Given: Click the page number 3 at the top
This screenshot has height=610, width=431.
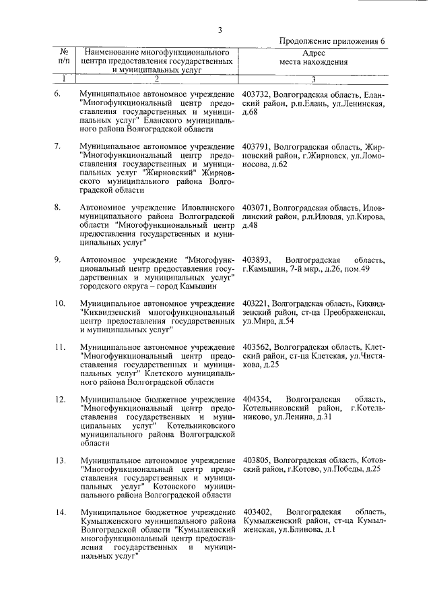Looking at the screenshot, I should (220, 29).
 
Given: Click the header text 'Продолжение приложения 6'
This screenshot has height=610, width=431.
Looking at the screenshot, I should (332, 40).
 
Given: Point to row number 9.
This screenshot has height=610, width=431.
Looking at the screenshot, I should (58, 260).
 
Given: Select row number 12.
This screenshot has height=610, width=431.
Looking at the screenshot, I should (59, 400).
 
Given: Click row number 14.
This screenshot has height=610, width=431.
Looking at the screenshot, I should (59, 513).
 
